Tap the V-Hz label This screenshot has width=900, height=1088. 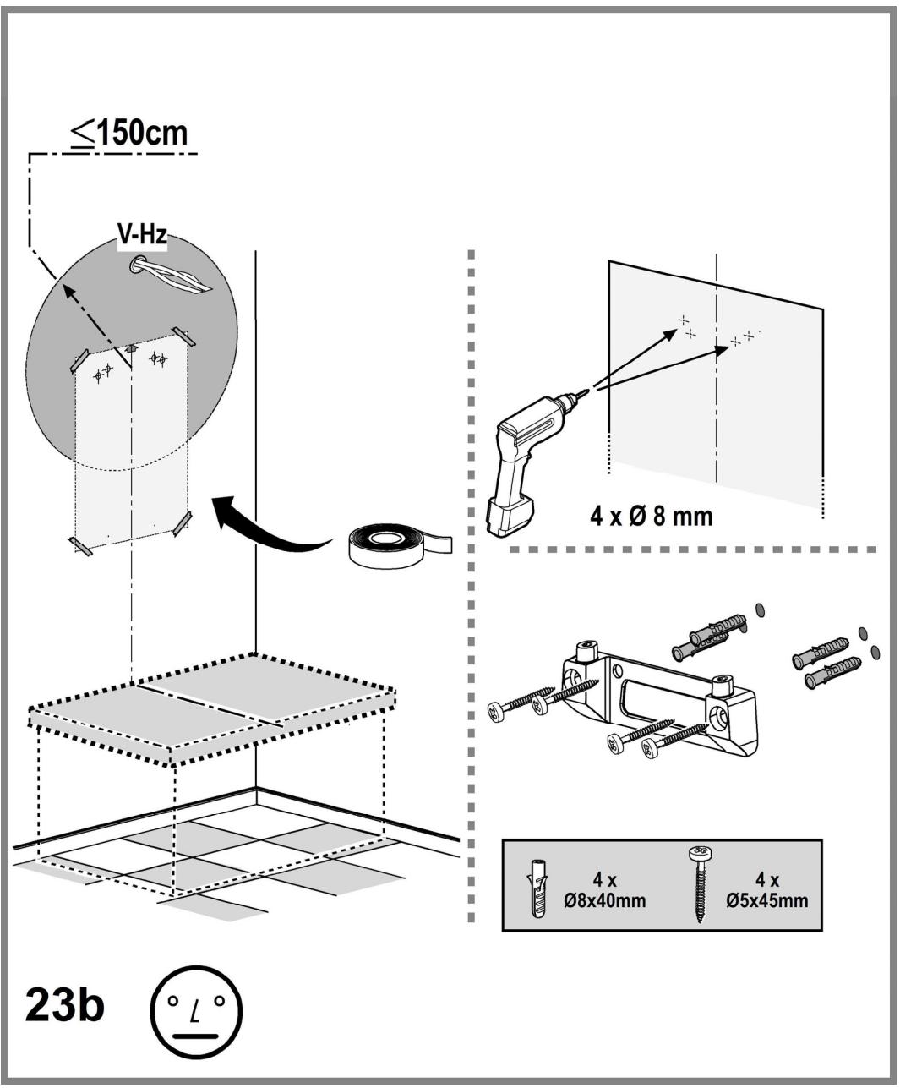[142, 235]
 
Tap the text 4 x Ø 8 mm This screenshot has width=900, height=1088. [651, 517]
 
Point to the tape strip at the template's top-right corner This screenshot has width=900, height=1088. [184, 336]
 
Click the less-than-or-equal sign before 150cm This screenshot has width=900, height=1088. [84, 134]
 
